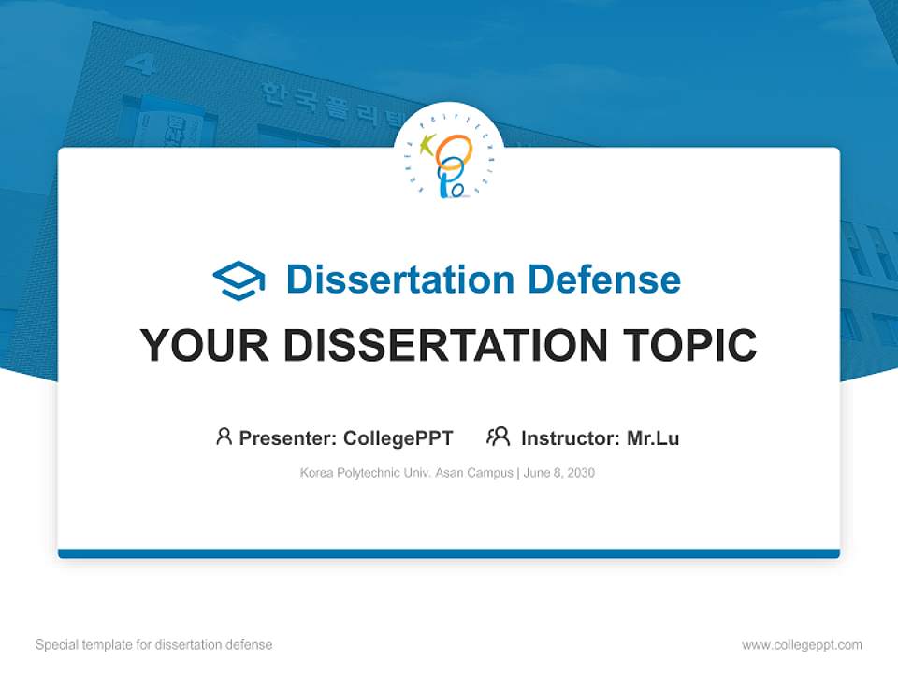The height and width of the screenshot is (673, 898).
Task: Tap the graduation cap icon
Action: click(x=239, y=279)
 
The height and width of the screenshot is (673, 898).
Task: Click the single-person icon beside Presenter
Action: click(x=224, y=437)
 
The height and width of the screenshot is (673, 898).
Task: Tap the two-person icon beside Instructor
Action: click(x=498, y=437)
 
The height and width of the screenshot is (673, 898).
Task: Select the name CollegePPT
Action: click(x=398, y=438)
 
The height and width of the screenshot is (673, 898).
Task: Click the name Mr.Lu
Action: click(x=653, y=438)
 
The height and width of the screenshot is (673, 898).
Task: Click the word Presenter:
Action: click(x=288, y=438)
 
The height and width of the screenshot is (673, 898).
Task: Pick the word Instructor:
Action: click(x=571, y=438)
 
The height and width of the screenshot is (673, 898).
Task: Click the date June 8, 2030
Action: click(x=559, y=473)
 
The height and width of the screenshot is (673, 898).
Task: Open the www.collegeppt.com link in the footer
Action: click(x=802, y=645)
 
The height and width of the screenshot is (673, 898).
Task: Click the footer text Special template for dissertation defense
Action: click(x=154, y=645)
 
